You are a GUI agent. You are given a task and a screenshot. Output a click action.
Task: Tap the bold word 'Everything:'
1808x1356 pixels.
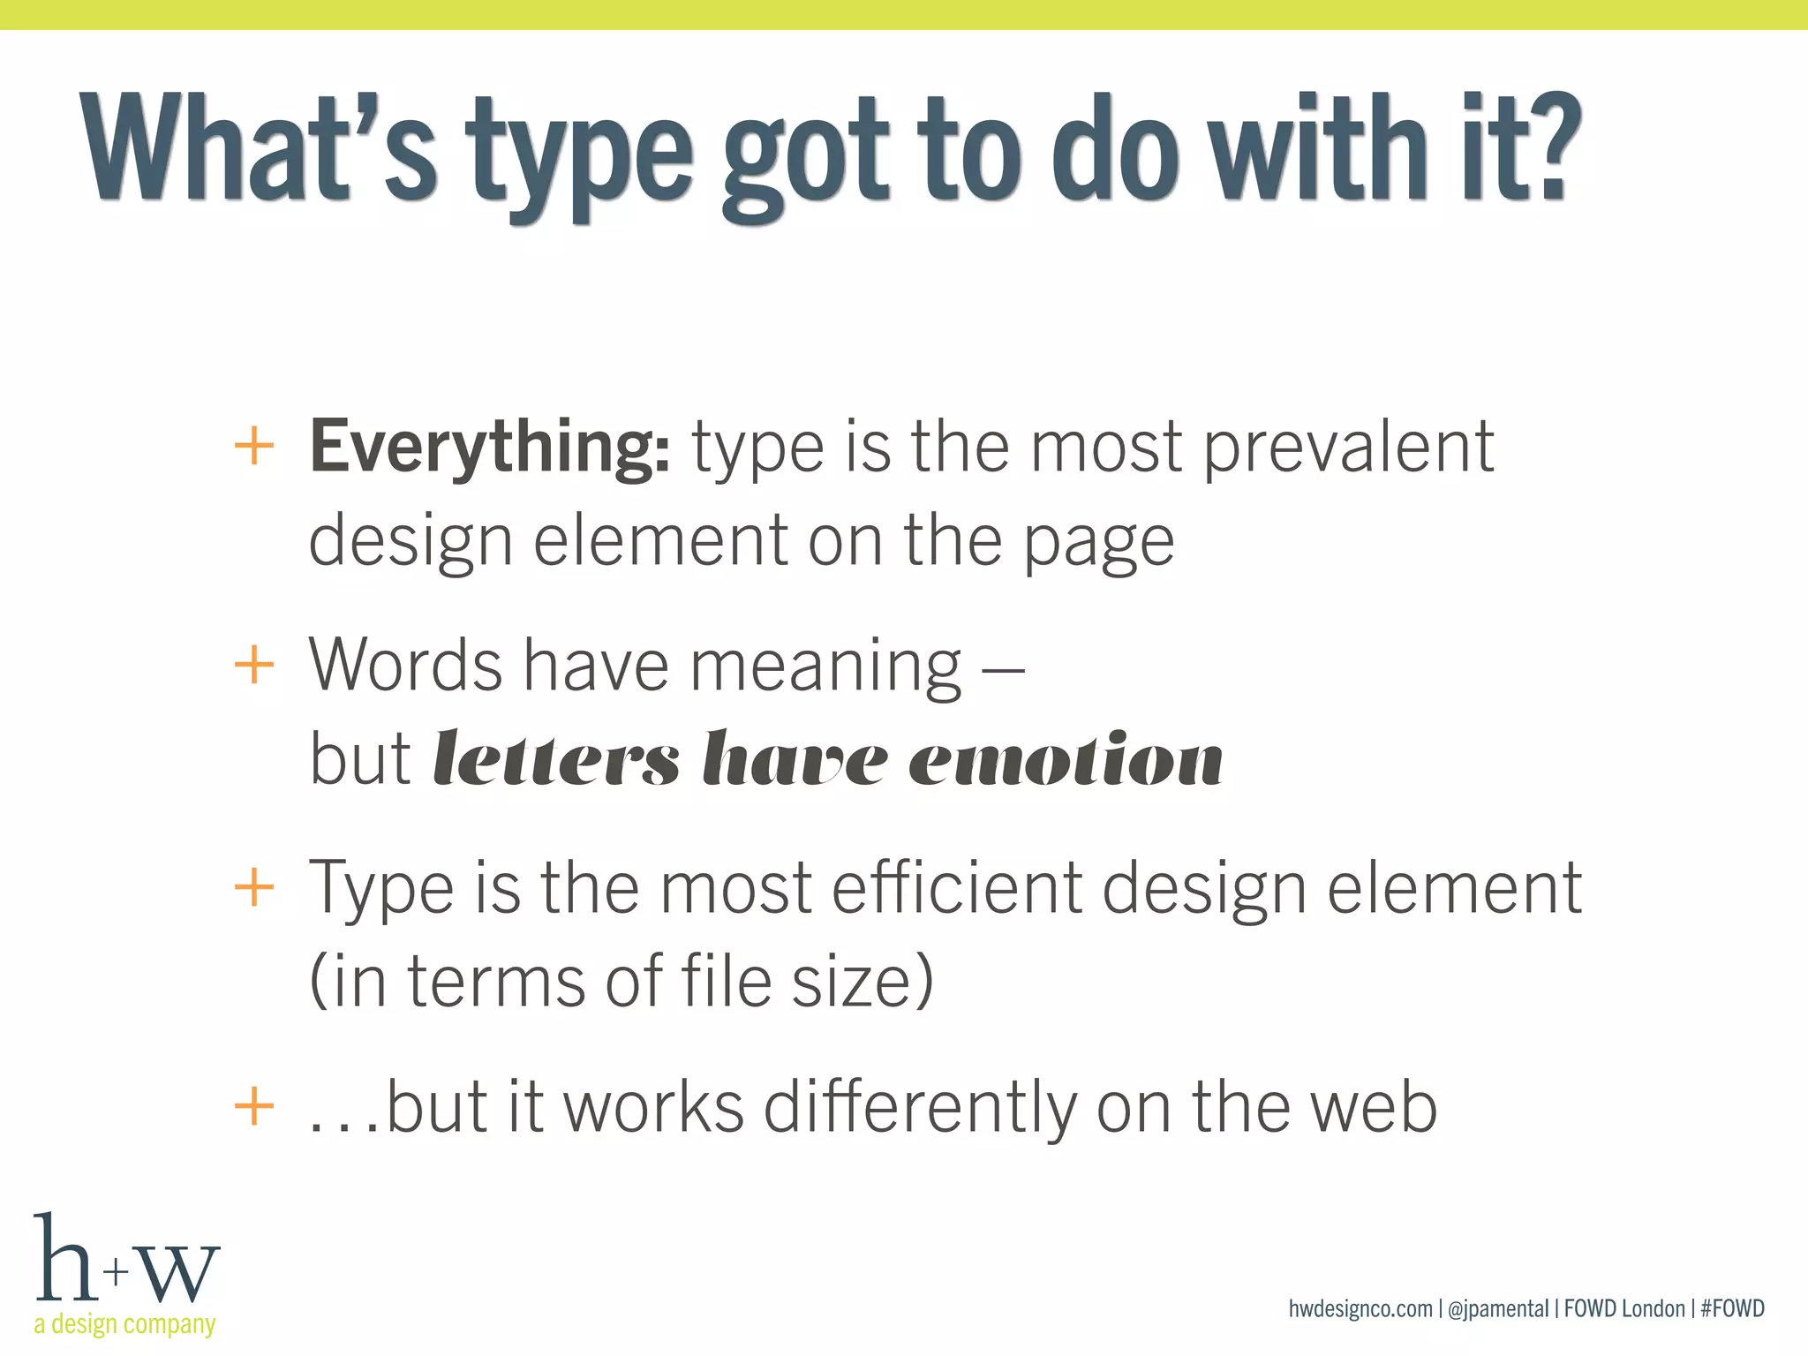tap(489, 448)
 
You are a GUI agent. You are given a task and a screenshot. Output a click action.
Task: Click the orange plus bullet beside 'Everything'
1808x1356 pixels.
tap(254, 446)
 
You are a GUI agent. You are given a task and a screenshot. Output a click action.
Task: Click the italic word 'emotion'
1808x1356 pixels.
tap(1066, 760)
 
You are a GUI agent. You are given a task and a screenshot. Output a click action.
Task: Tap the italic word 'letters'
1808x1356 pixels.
tap(556, 760)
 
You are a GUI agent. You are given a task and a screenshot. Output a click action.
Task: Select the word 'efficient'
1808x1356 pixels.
tap(956, 887)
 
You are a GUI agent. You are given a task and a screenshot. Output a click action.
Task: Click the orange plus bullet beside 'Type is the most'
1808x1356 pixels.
tap(254, 886)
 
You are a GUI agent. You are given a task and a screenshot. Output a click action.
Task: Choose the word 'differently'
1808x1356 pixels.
tap(920, 1108)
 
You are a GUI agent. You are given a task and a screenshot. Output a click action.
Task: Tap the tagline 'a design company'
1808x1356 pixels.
tap(124, 1324)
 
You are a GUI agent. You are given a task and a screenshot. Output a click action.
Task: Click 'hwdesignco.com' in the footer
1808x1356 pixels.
tap(1360, 1308)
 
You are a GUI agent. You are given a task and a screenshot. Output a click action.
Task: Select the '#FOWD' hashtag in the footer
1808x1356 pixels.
tap(1732, 1308)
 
